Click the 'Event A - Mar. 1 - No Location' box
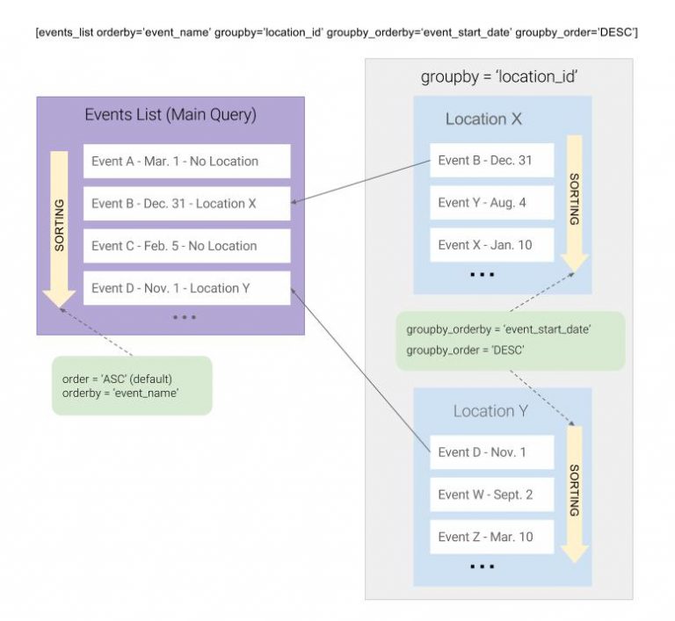(x=187, y=161)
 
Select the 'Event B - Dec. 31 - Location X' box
(x=187, y=204)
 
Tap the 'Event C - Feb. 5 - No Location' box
(x=187, y=246)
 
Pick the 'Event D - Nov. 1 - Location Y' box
(x=187, y=288)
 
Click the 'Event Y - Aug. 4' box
(x=491, y=203)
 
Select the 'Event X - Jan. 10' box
(x=491, y=245)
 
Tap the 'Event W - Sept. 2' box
(x=491, y=495)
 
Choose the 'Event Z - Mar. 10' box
(x=491, y=537)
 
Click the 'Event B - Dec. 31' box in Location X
(x=491, y=160)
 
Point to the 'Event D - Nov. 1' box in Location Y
(x=491, y=451)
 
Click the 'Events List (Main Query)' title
(x=171, y=115)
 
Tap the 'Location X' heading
(x=483, y=119)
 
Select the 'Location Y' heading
(x=490, y=411)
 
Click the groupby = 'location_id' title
(x=499, y=77)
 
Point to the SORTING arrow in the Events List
(x=59, y=229)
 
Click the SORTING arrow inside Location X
(x=574, y=203)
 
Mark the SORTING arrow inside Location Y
(x=574, y=494)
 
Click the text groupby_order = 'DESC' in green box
(x=465, y=350)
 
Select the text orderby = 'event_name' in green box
(x=120, y=394)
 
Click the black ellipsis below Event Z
(x=483, y=567)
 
